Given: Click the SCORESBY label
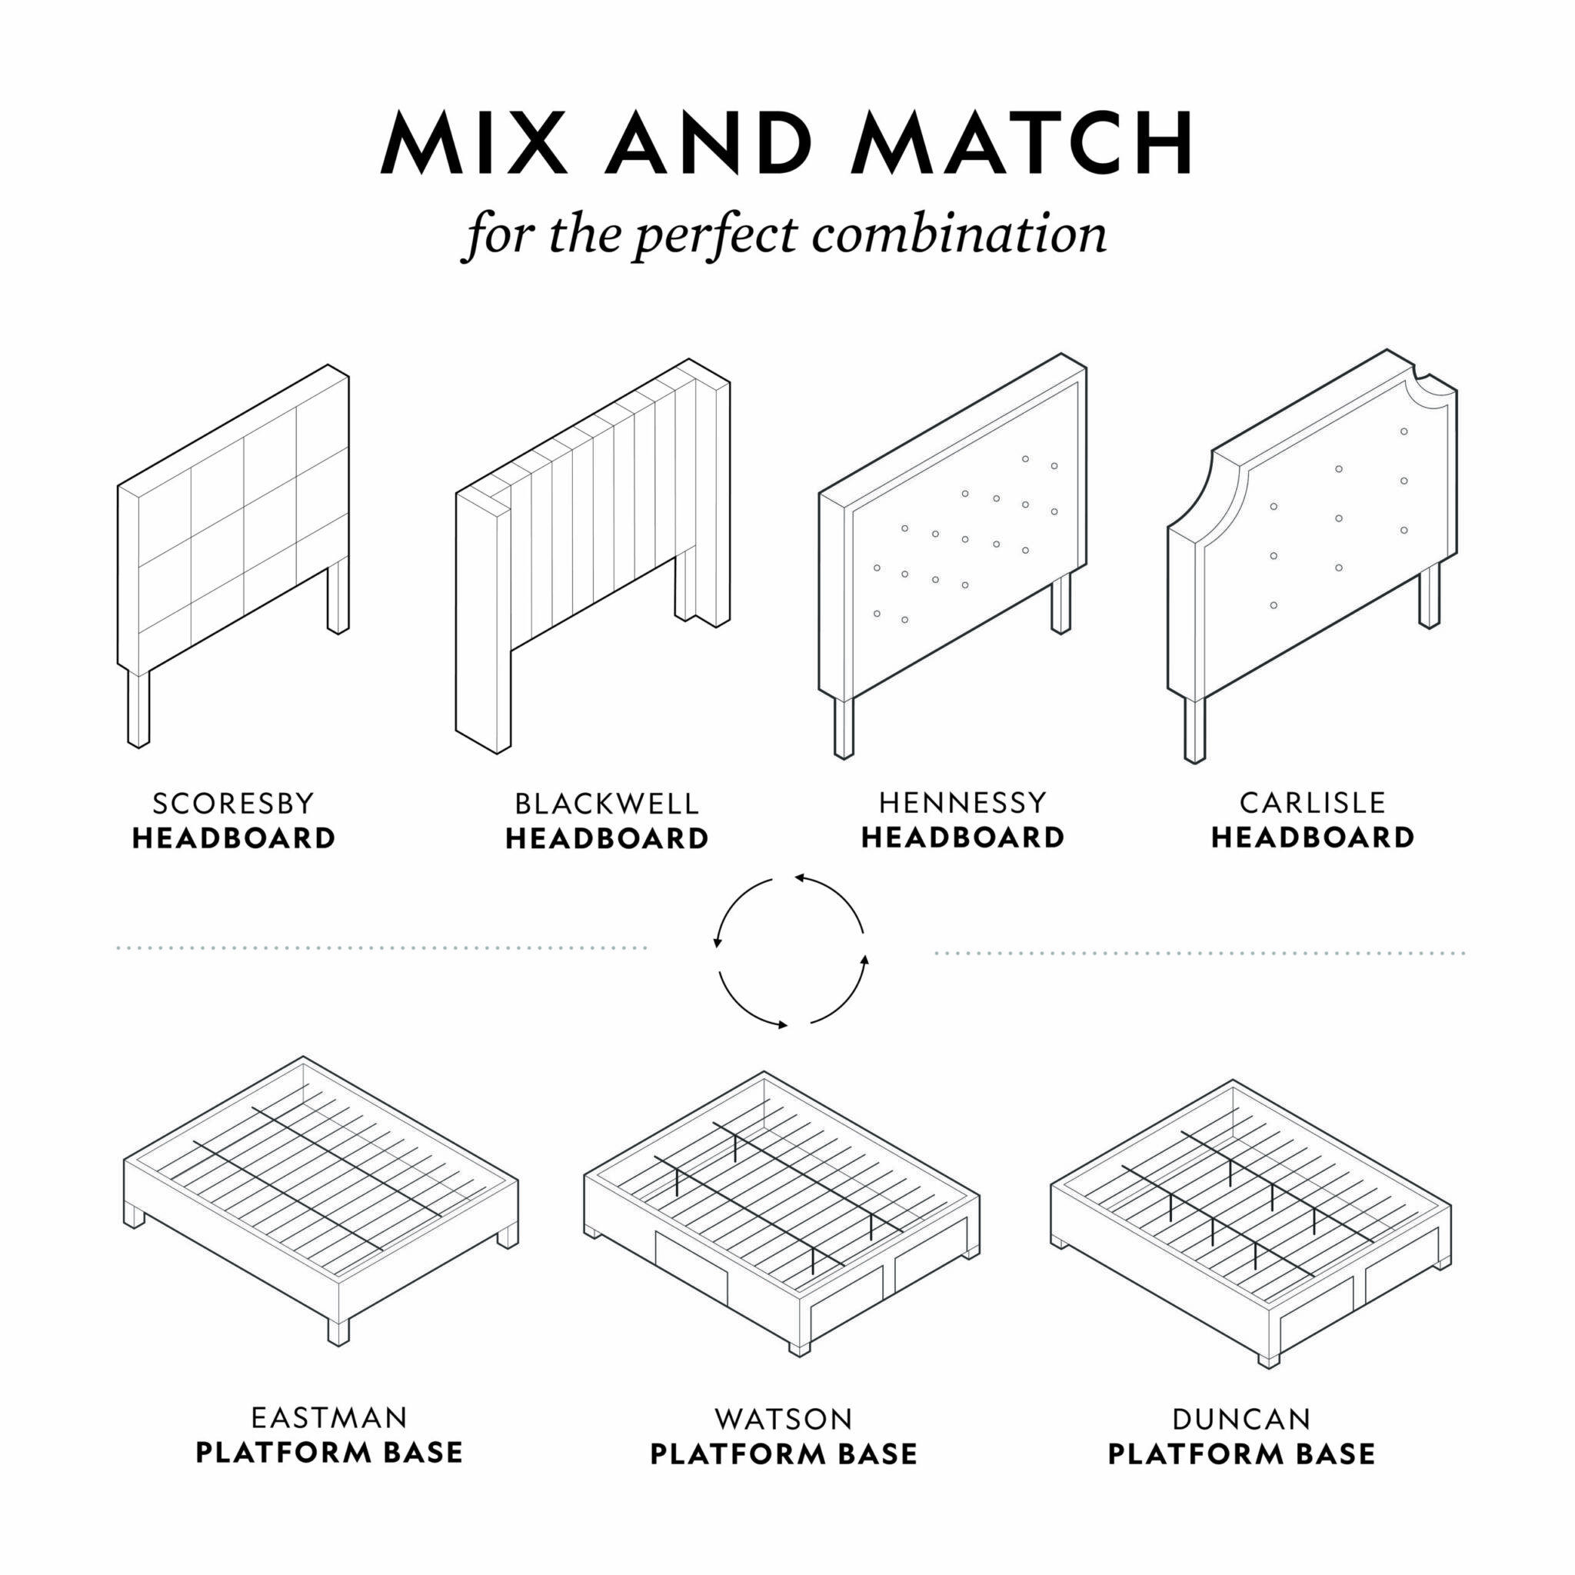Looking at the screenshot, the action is [233, 804].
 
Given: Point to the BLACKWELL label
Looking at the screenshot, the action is [607, 804].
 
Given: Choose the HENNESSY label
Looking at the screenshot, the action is [963, 803].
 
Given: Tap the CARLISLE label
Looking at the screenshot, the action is [1313, 803].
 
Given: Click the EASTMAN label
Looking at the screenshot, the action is [328, 1417].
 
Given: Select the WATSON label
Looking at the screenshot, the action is [784, 1420].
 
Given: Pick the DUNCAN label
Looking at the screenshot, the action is [1241, 1420].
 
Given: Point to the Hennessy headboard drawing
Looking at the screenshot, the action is [953, 556].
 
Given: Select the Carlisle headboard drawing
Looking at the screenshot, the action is [1313, 556].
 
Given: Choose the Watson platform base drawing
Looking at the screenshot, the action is [782, 1214].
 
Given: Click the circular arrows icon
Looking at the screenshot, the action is [790, 951].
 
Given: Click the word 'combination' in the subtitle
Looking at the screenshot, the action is [960, 235].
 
